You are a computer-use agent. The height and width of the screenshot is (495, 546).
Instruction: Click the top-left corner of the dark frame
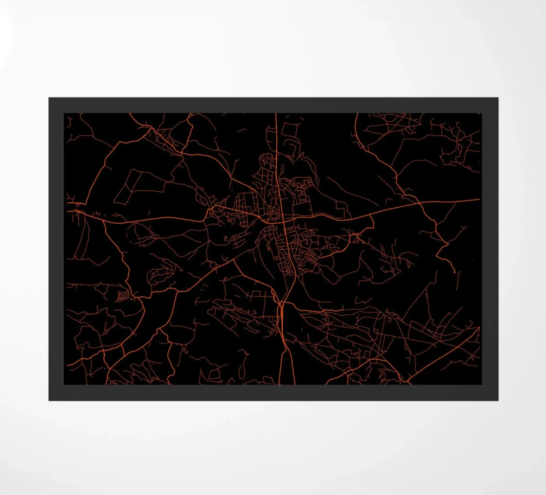[x=49, y=98]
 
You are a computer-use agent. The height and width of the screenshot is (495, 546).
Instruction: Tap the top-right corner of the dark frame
[x=498, y=98]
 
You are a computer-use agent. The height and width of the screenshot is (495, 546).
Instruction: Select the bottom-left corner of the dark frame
[x=49, y=400]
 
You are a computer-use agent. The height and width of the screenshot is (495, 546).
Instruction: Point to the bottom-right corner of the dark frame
[x=498, y=400]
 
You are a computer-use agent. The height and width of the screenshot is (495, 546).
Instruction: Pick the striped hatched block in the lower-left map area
[x=124, y=296]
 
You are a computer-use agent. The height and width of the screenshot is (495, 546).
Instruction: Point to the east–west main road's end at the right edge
[x=479, y=200]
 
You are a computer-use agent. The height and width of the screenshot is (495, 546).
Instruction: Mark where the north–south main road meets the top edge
[x=276, y=114]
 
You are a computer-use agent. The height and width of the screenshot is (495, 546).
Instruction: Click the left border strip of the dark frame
[x=56, y=250]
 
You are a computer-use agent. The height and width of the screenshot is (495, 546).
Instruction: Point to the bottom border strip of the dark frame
[x=273, y=393]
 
